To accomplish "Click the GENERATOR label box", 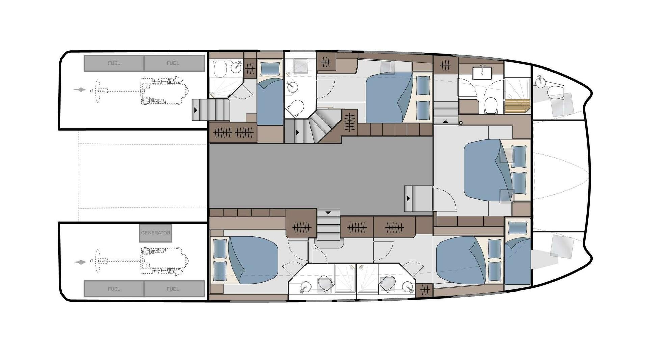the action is (x=156, y=233).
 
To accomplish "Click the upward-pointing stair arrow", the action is (x=446, y=122).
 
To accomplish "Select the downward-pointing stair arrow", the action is (x=328, y=213).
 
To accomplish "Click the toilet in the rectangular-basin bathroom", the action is (x=490, y=105).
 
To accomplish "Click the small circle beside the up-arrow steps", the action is (x=461, y=123).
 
